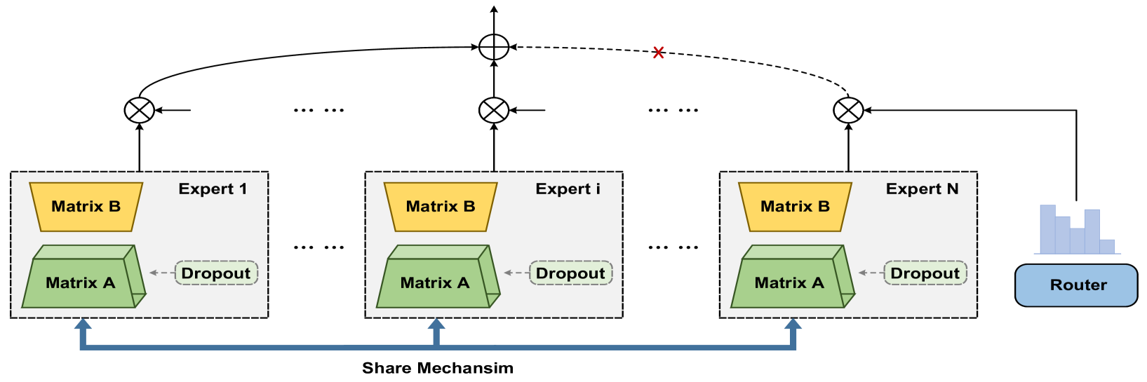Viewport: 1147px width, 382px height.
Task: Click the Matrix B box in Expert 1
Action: point(86,207)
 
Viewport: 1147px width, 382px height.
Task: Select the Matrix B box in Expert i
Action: point(441,207)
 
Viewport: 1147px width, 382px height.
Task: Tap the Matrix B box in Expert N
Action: point(795,207)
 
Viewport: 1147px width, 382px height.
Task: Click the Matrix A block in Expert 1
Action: point(80,282)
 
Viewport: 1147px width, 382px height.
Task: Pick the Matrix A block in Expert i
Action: point(434,282)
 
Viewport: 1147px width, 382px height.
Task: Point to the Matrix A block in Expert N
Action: point(789,282)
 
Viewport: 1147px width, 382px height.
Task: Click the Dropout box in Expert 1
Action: point(216,273)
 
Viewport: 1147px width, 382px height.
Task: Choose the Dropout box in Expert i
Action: point(570,273)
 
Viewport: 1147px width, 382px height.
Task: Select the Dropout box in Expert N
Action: point(925,273)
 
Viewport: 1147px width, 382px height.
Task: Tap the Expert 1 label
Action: point(213,189)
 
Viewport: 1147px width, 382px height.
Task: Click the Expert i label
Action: point(568,189)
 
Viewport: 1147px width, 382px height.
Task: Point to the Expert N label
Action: point(922,189)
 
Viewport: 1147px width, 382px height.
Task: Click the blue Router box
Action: point(1076,285)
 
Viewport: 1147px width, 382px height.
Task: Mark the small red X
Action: point(658,53)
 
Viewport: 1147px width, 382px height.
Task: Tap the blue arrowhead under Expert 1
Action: point(83,325)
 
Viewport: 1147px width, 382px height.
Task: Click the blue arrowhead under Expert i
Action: point(436,325)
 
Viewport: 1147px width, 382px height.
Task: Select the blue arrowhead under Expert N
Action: point(793,325)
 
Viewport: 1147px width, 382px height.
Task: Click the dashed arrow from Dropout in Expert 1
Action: point(162,273)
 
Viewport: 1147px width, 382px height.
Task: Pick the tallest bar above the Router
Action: point(1047,228)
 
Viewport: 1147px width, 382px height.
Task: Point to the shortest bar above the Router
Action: point(1107,246)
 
